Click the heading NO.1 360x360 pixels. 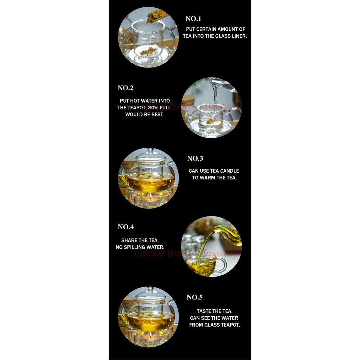193,19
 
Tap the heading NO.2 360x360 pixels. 126,88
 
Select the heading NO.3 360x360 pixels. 195,159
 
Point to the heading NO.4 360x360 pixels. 126,227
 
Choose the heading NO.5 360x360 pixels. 194,297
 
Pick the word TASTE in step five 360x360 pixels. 204,311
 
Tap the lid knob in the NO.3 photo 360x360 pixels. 150,150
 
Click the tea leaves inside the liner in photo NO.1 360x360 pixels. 148,51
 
